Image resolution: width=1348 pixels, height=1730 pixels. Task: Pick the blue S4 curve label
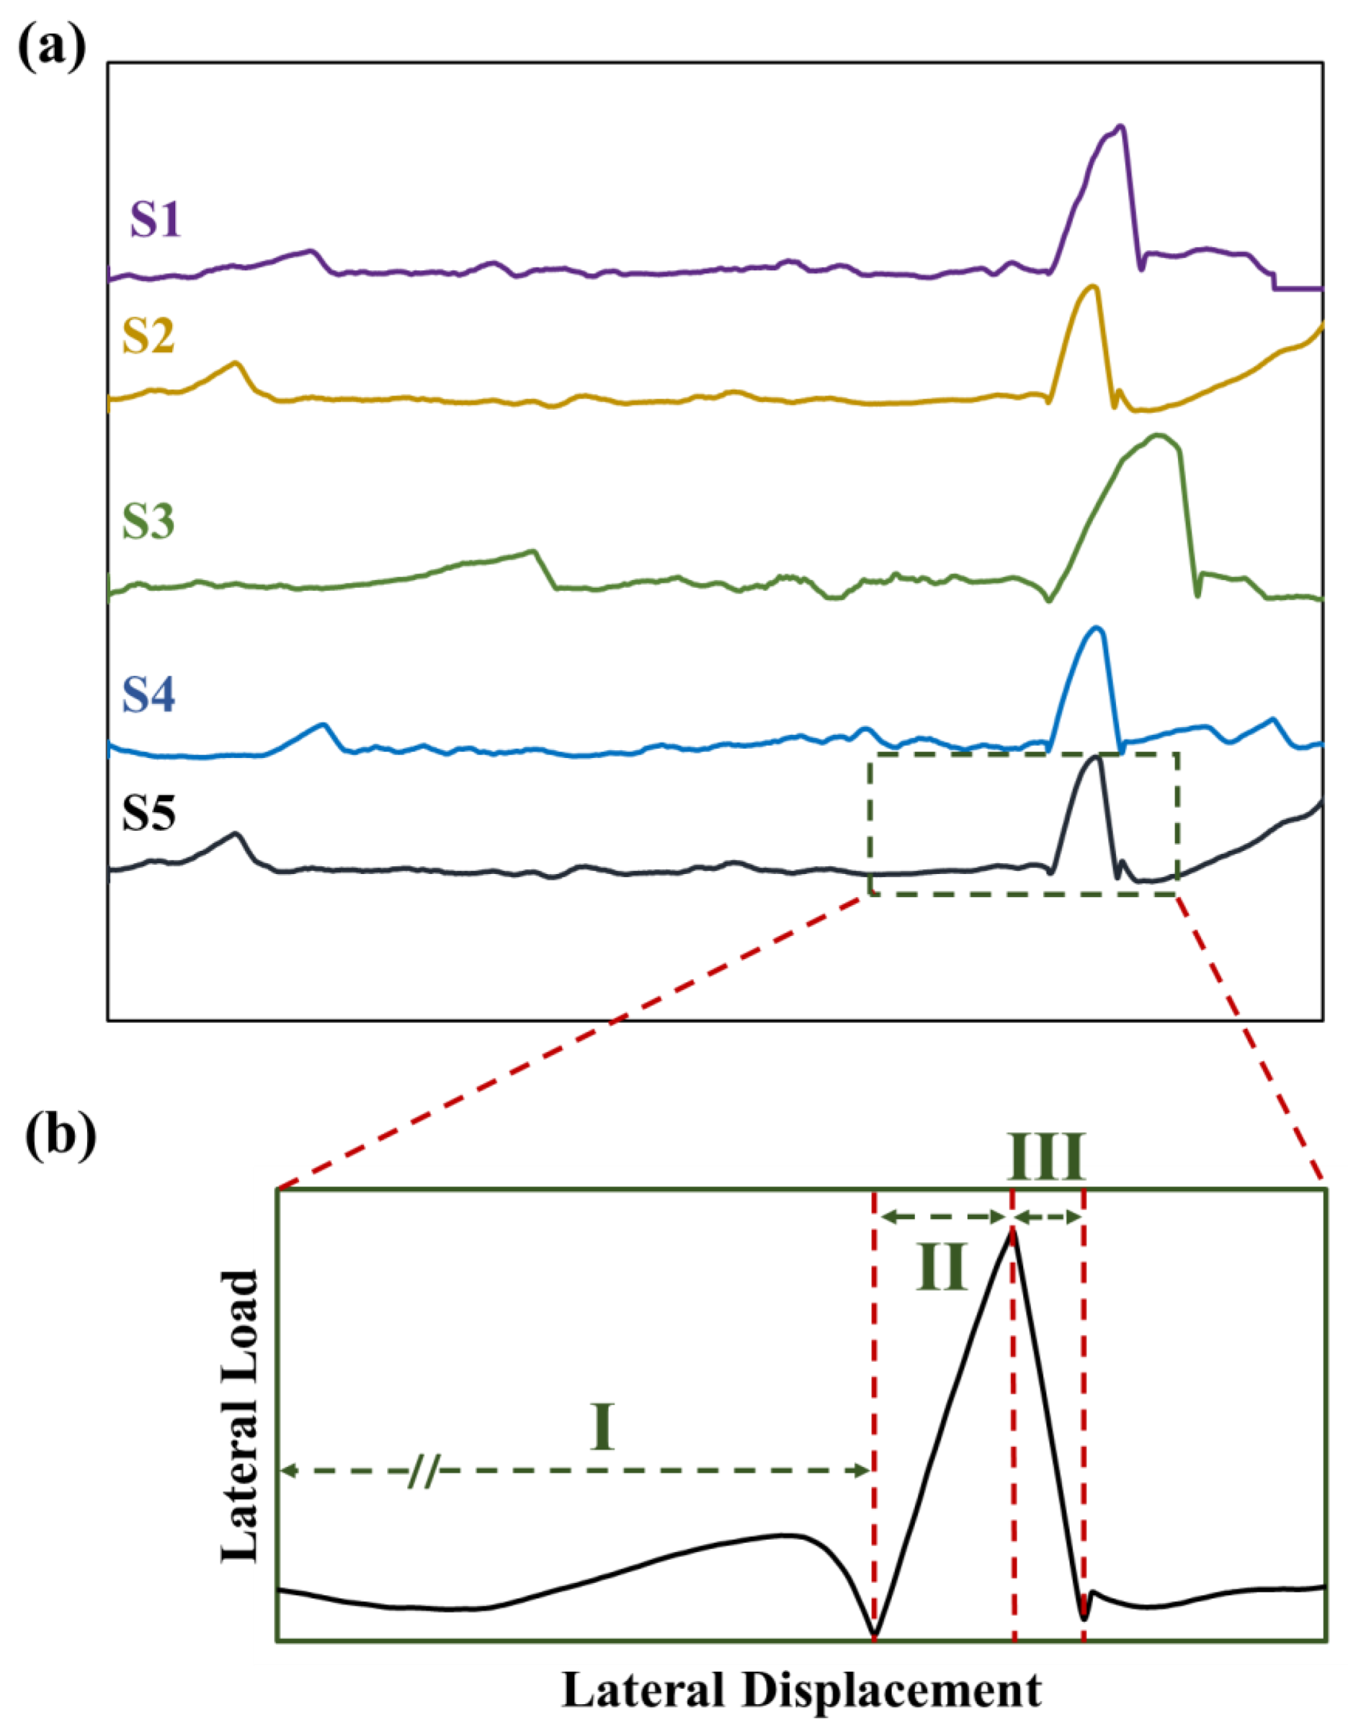149,695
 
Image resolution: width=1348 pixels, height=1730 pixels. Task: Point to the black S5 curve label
148,812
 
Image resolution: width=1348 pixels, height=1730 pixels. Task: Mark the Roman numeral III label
1045,1158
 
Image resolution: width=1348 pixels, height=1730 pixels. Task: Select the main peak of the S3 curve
1158,435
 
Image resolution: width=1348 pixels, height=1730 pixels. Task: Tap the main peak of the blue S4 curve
1097,628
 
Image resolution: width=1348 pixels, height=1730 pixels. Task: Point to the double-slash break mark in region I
424,1471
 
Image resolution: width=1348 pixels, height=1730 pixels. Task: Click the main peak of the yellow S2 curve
1093,286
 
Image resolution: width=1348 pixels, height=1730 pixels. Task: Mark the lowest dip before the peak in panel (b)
874,1634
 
